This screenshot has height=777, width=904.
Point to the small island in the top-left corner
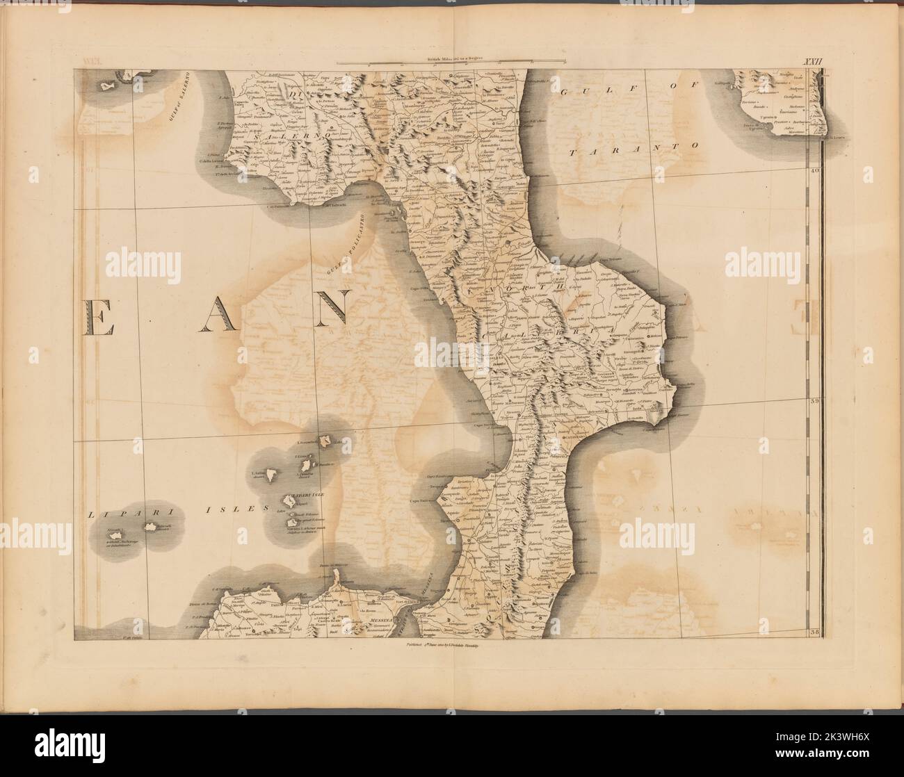click(107, 86)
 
